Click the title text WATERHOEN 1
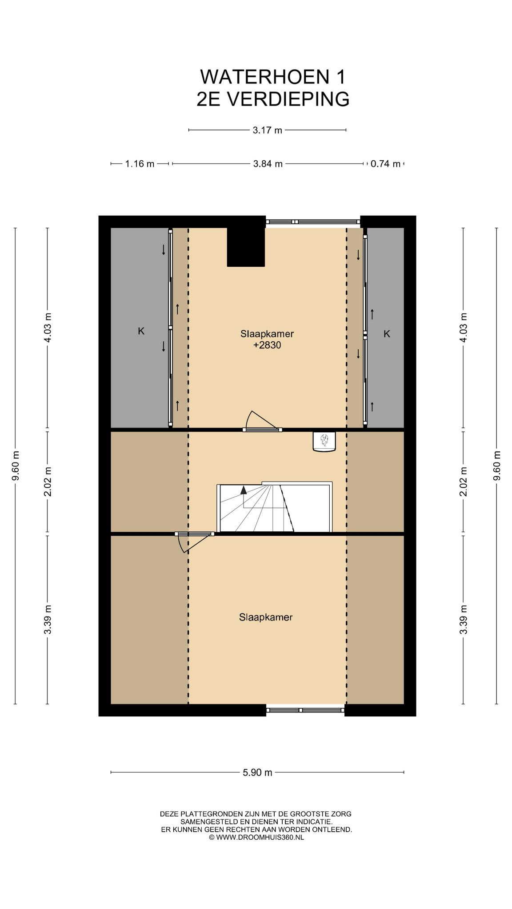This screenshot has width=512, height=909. tap(272, 77)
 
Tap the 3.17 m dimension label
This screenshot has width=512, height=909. tap(268, 130)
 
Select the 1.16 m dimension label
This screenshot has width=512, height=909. tap(140, 164)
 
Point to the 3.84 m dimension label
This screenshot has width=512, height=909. tap(268, 164)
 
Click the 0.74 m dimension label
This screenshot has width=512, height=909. tap(385, 164)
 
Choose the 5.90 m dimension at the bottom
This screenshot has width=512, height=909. tap(257, 772)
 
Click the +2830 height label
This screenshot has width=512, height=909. tap(267, 345)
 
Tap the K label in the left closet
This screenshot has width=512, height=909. tap(141, 331)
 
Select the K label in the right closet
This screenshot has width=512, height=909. tap(387, 334)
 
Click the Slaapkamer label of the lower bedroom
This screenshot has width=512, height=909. tap(266, 617)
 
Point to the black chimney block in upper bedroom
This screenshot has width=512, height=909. tap(246, 247)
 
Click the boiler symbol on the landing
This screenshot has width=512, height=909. tap(324, 442)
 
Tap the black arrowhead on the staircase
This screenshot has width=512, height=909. tap(244, 490)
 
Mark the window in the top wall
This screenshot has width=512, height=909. tap(312, 221)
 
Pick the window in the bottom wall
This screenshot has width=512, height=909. tap(305, 710)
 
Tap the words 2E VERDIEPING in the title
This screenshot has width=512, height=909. tap(273, 99)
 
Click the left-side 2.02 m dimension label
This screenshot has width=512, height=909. tap(48, 481)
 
